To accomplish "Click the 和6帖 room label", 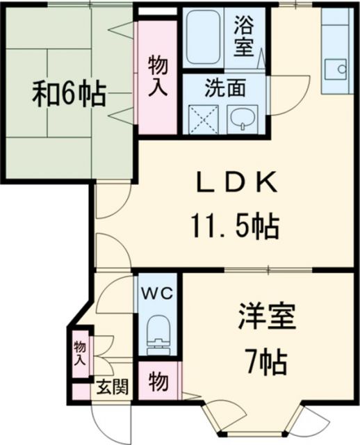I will tap(68, 93).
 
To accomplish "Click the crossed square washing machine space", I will tap(199, 119).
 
